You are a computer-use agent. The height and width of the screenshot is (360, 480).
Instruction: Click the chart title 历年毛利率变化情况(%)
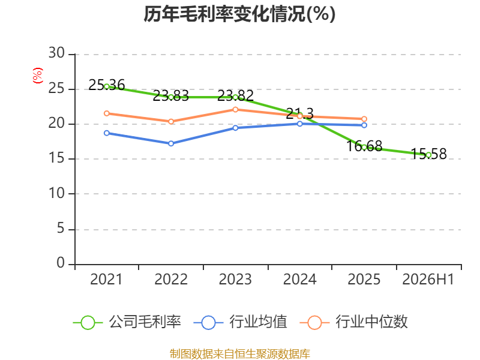point(239,14)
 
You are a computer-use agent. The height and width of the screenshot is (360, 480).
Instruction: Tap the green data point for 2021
point(107,86)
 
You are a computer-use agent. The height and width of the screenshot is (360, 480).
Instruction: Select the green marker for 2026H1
point(428,155)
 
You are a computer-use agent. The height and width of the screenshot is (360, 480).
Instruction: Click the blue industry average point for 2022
point(171,143)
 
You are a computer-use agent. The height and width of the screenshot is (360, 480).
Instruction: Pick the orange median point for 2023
point(235,110)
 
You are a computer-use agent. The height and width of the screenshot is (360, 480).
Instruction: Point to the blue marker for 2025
point(364,125)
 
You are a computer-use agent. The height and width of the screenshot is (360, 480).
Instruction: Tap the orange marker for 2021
point(107,113)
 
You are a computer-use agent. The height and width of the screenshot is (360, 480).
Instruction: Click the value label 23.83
point(171,96)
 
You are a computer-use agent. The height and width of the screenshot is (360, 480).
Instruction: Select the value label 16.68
point(364,146)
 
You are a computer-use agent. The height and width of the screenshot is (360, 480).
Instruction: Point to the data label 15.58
point(428,154)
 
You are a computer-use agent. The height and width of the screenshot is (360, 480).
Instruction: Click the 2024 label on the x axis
point(299,280)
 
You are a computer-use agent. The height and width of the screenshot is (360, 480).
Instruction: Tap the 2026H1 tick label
point(428,280)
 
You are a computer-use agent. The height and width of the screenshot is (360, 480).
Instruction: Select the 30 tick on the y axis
point(56,53)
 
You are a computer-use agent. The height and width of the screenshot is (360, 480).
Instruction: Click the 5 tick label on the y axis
point(61,229)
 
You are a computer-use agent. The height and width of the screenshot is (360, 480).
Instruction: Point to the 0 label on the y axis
point(61,263)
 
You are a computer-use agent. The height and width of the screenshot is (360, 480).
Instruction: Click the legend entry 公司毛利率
point(127,322)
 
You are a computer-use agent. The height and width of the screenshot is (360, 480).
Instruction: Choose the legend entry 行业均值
point(241,322)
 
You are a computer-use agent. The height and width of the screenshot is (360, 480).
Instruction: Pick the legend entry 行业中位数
point(354,322)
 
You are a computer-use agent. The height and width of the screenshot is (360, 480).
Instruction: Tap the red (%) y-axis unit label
point(38,76)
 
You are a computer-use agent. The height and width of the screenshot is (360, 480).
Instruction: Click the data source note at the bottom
point(240,354)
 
